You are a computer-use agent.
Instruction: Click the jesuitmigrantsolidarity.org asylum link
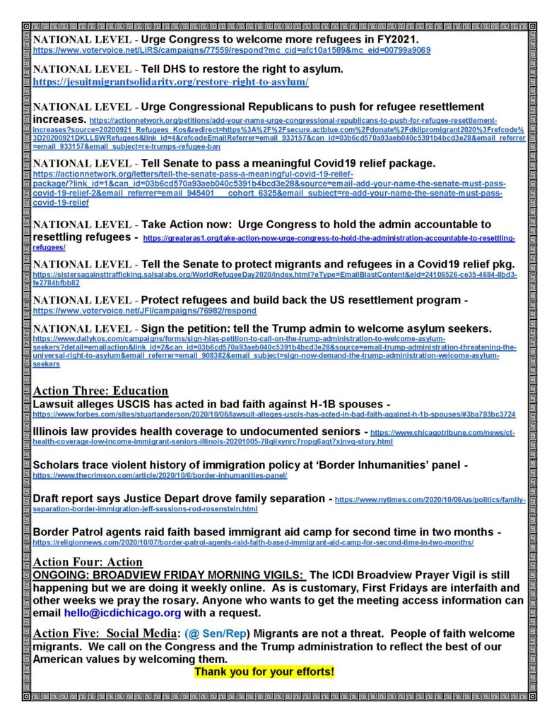(170, 83)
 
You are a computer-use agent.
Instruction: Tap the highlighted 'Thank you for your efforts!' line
(264, 670)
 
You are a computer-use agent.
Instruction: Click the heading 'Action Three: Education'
(100, 391)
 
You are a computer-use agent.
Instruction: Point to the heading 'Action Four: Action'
(88, 562)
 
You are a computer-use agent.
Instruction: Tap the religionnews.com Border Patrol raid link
(253, 542)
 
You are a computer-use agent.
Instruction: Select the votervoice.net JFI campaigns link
(145, 311)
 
